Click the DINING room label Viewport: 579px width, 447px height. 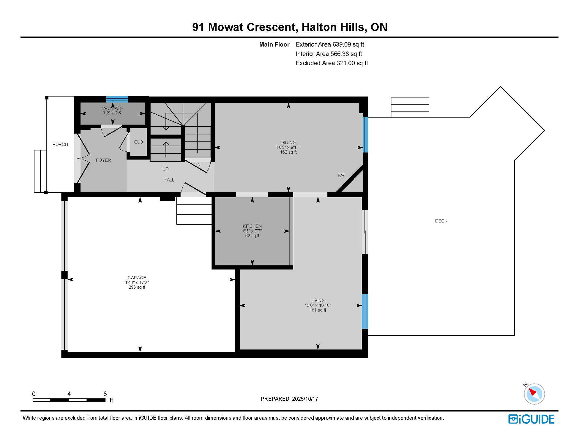point(288,143)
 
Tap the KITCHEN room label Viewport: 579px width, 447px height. point(252,226)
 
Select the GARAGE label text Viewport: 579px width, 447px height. point(137,278)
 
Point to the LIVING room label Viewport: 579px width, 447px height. point(317,301)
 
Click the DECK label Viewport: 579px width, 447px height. point(441,221)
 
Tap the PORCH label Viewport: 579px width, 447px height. point(60,144)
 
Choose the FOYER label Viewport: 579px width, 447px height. point(103,160)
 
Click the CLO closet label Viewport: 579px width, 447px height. point(138,142)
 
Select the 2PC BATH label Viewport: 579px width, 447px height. point(113,108)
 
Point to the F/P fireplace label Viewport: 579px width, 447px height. point(341,175)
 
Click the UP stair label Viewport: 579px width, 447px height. point(165,169)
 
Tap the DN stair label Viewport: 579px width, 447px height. point(197,165)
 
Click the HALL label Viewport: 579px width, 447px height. point(169,180)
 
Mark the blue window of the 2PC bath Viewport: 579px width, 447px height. point(117,99)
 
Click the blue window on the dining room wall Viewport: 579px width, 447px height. point(366,134)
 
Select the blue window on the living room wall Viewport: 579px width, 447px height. point(365,311)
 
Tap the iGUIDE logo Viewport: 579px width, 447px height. point(531,419)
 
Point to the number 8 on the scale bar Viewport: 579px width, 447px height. point(105,394)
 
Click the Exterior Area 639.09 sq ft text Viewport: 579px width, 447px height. point(330,45)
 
